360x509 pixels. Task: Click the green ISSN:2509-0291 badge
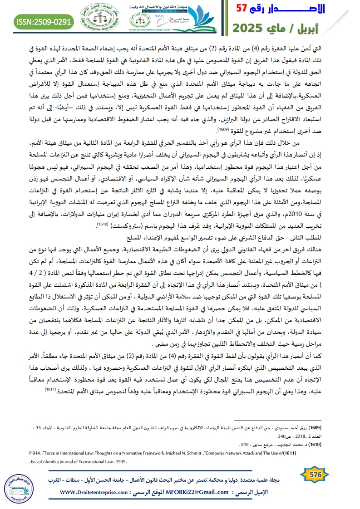pos(44,21)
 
